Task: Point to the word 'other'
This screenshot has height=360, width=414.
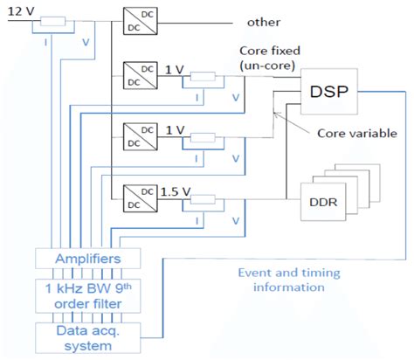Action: point(266,21)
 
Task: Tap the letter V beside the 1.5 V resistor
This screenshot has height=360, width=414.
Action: point(235,219)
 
